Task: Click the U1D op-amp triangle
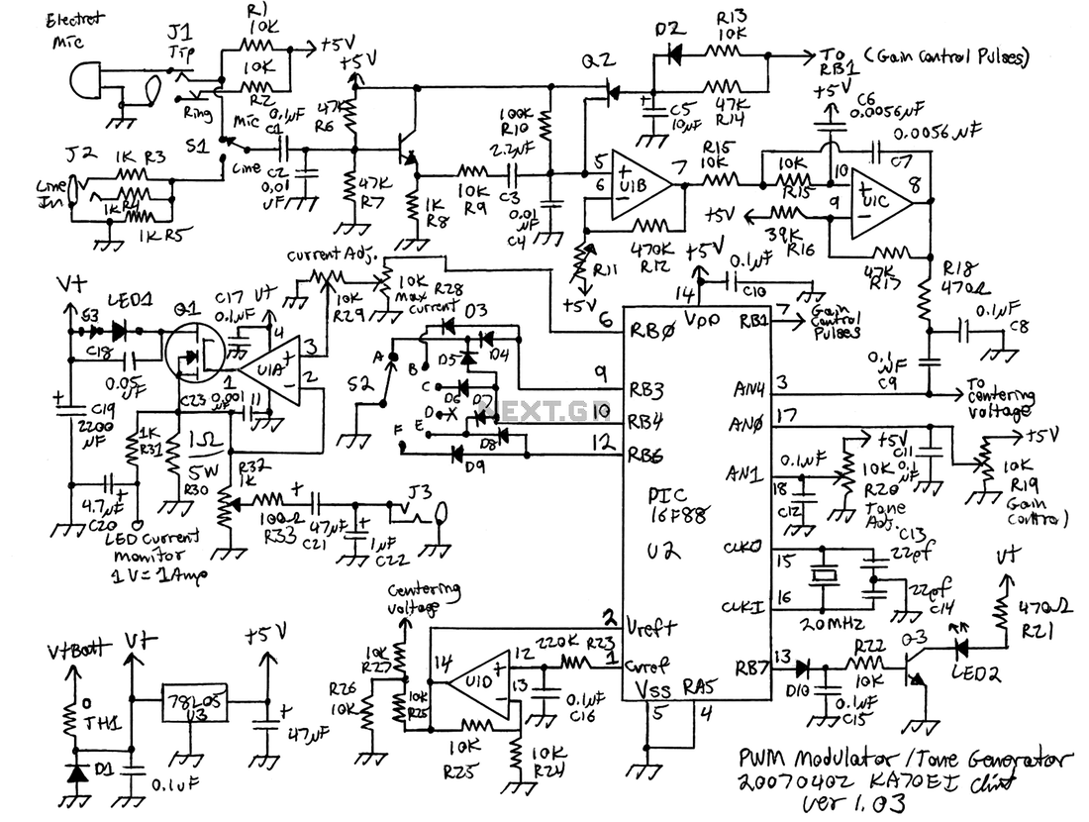point(472,681)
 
